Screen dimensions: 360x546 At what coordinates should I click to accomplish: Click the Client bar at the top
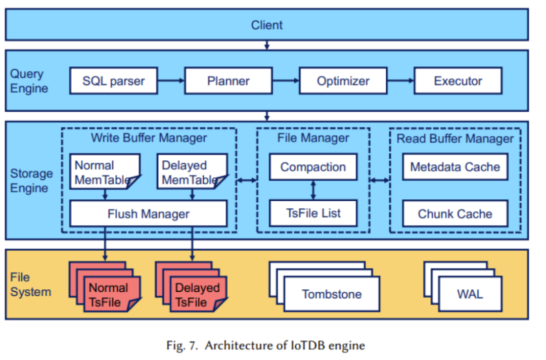[266, 25]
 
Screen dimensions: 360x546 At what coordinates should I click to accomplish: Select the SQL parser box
[113, 81]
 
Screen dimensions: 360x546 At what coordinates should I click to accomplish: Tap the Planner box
[228, 81]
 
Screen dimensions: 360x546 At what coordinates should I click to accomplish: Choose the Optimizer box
[343, 81]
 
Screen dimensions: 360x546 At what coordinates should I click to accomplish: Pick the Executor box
[458, 81]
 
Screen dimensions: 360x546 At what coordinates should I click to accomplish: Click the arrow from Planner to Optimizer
[285, 81]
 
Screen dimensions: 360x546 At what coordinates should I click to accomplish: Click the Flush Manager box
[148, 214]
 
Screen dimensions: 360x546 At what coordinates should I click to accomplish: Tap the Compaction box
[313, 167]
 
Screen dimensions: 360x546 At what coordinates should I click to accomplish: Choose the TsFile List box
[313, 213]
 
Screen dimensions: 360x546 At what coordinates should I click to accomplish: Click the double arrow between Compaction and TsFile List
[313, 190]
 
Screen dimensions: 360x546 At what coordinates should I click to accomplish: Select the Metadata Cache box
[454, 167]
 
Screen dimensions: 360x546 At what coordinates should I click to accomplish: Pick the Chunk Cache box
[454, 214]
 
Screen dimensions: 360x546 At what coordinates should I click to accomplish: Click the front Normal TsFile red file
[109, 295]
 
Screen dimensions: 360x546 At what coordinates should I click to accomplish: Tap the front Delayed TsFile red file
[197, 295]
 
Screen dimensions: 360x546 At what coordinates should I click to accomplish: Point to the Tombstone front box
[332, 294]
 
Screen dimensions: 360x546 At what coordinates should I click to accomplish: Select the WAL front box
[470, 294]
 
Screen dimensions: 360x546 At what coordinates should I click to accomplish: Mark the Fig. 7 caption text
[265, 345]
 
